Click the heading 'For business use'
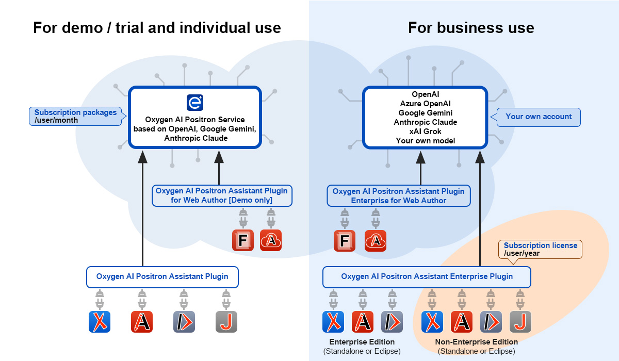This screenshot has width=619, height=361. pyautogui.click(x=471, y=27)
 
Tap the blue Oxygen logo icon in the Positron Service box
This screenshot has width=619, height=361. pyautogui.click(x=194, y=102)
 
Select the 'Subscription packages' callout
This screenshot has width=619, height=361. pyautogui.click(x=76, y=116)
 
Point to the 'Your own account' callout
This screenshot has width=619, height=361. pyautogui.click(x=539, y=117)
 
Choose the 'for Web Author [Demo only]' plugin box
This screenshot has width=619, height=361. pyautogui.click(x=221, y=195)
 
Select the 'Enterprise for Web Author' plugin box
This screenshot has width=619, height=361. pyautogui.click(x=398, y=196)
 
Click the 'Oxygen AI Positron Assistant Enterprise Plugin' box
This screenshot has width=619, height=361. pyautogui.click(x=427, y=277)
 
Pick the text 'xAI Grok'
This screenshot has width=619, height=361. pyautogui.click(x=425, y=132)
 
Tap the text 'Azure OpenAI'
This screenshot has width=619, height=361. pyautogui.click(x=425, y=104)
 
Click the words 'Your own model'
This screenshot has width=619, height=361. pyautogui.click(x=425, y=141)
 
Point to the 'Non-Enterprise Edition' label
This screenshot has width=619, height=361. pyautogui.click(x=476, y=342)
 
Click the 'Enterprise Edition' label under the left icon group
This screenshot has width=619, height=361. pyautogui.click(x=362, y=342)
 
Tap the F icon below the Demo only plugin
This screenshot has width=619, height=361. pyautogui.click(x=242, y=240)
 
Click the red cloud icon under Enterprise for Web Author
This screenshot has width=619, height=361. pyautogui.click(x=376, y=240)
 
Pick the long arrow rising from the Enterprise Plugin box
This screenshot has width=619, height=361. pyautogui.click(x=480, y=211)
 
